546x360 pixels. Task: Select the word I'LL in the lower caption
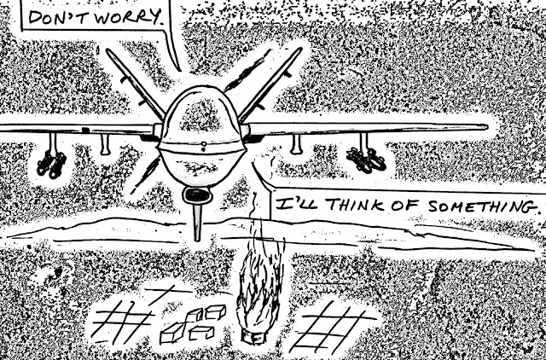[291, 206]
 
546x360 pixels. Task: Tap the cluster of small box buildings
[192, 323]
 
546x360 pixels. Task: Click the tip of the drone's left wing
[5, 128]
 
